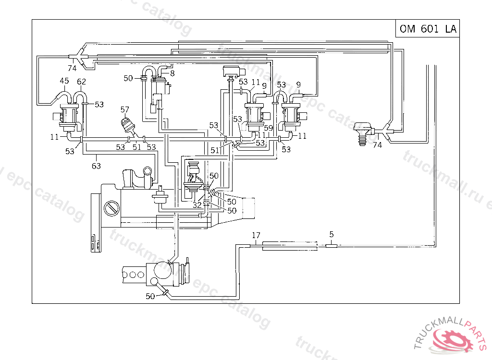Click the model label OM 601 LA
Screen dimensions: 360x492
click(x=428, y=29)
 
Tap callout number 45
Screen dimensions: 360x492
click(x=64, y=81)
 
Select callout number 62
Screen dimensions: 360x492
click(x=81, y=81)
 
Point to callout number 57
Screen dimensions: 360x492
click(x=125, y=109)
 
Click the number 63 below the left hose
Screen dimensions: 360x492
click(x=97, y=166)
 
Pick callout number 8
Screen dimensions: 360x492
click(x=172, y=73)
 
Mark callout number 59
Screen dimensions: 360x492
click(x=268, y=128)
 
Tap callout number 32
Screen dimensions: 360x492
click(x=197, y=205)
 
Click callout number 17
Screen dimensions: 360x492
click(x=256, y=235)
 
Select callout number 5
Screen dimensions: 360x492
click(x=332, y=235)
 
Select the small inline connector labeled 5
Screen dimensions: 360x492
click(x=332, y=246)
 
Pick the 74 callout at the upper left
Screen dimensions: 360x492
click(x=72, y=68)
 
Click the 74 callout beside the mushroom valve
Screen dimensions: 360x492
click(x=377, y=144)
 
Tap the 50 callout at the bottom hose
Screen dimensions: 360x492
click(x=150, y=296)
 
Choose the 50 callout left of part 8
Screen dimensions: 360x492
click(x=128, y=78)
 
